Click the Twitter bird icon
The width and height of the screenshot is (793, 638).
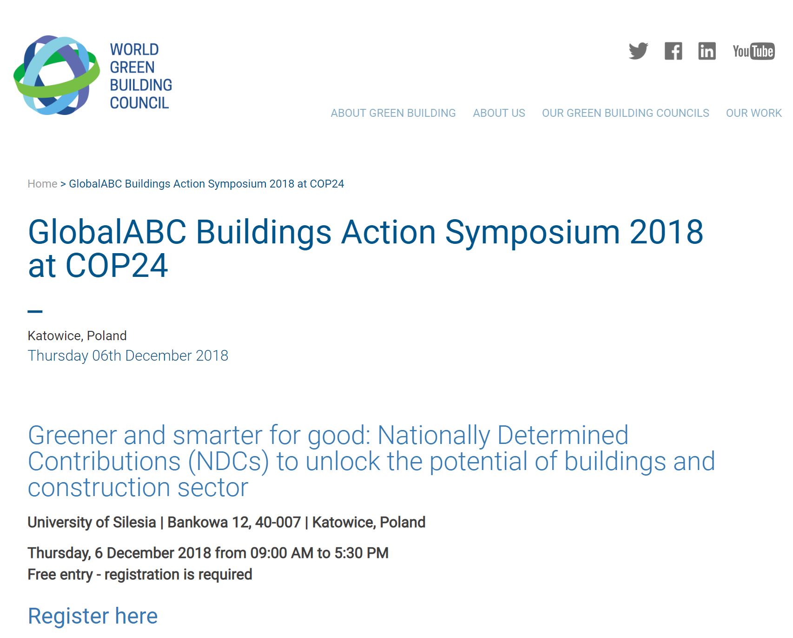pos(638,51)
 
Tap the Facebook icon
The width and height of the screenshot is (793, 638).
pos(673,51)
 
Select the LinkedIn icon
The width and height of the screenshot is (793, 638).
pos(707,51)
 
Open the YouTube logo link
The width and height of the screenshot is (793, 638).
pos(753,51)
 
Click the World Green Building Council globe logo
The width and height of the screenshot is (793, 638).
pos(57,75)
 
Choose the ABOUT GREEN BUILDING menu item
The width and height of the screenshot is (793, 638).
pos(393,113)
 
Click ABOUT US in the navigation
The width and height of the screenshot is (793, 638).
pos(499,113)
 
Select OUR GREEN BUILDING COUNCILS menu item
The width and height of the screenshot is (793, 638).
pos(625,113)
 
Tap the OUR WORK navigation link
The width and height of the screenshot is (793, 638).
pos(753,113)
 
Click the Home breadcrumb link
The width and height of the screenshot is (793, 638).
pos(42,184)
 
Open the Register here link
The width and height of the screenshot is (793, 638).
pos(93,616)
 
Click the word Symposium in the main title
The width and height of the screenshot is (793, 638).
pos(533,233)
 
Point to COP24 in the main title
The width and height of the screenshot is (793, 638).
pos(117,266)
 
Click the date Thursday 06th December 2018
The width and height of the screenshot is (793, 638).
pos(128,356)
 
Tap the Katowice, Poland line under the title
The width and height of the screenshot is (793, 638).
pos(77,336)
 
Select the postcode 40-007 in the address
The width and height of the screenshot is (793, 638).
pos(278,522)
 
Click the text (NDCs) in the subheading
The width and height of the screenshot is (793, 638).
pos(229,462)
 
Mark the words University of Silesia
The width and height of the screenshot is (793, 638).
pos(92,522)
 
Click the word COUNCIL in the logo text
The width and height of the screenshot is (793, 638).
pos(139,103)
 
